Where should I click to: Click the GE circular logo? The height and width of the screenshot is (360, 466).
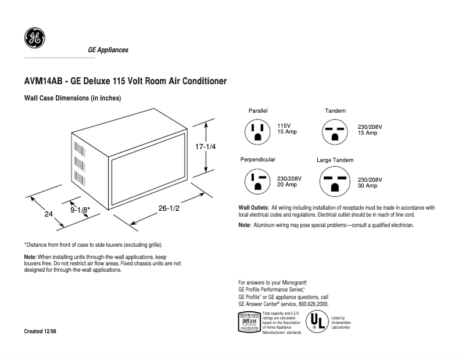click(34, 38)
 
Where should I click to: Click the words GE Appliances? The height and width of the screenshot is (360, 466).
click(108, 50)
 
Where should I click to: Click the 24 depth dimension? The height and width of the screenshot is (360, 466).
click(49, 214)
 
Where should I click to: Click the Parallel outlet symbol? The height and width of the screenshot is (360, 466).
click(257, 131)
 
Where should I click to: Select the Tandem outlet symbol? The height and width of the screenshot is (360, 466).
click(335, 132)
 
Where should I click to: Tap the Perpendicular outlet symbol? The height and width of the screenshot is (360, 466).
click(258, 181)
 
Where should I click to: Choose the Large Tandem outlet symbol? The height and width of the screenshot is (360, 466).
click(335, 182)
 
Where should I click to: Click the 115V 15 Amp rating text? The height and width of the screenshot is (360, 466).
click(287, 129)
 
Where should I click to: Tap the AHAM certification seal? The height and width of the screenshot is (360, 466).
click(249, 322)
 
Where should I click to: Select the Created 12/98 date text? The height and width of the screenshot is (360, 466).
click(40, 331)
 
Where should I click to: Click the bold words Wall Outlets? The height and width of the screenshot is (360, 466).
click(253, 207)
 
